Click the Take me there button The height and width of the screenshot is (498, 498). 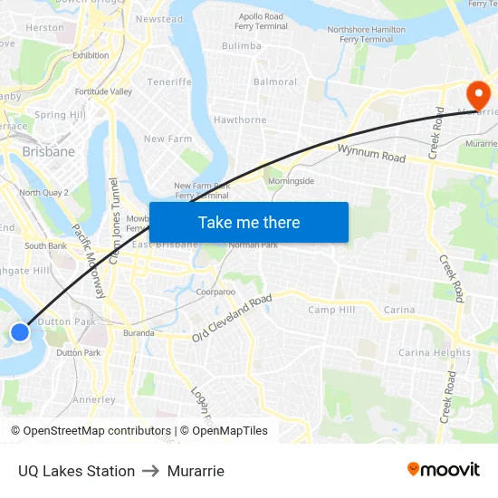pyautogui.click(x=249, y=223)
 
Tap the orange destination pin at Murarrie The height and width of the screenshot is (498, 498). pyautogui.click(x=476, y=94)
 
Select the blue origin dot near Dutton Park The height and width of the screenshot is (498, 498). pyautogui.click(x=20, y=332)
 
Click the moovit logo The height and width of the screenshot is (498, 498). pyautogui.click(x=444, y=470)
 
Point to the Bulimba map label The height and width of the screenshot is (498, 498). pyautogui.click(x=241, y=45)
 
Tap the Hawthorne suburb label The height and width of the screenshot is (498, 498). pyautogui.click(x=240, y=120)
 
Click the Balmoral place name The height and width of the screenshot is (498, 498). pyautogui.click(x=275, y=82)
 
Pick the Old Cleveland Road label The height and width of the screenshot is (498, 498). pyautogui.click(x=232, y=320)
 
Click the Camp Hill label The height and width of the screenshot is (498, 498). pyautogui.click(x=331, y=310)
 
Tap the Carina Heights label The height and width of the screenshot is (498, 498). pyautogui.click(x=435, y=353)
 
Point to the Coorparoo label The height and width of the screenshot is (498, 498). pyautogui.click(x=215, y=292)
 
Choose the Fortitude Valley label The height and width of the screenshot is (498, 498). pyautogui.click(x=103, y=91)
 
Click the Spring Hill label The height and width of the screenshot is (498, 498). pyautogui.click(x=60, y=115)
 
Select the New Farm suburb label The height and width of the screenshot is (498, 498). pyautogui.click(x=168, y=139)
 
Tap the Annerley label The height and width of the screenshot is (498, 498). pyautogui.click(x=94, y=399)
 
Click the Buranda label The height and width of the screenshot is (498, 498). pyautogui.click(x=139, y=333)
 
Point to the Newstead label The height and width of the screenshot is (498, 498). pyautogui.click(x=158, y=19)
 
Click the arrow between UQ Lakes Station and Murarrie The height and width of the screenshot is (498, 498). pyautogui.click(x=150, y=471)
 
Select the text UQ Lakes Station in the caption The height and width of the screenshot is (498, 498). pyautogui.click(x=76, y=471)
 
